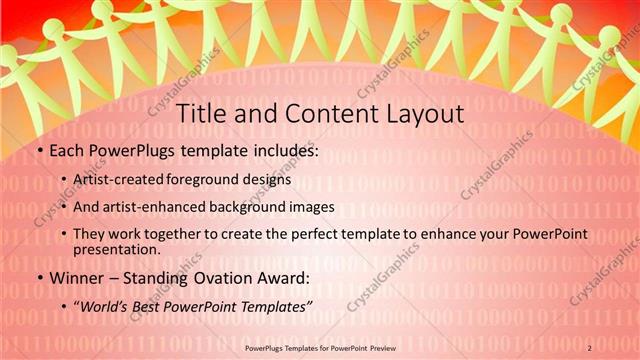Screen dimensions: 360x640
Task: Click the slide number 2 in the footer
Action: click(590, 347)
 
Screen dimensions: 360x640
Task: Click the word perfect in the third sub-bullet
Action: click(338, 233)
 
